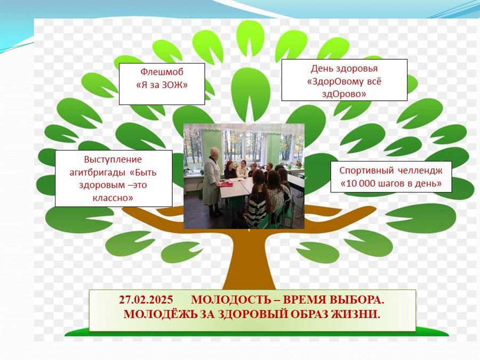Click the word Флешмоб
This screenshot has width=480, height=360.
tap(162, 72)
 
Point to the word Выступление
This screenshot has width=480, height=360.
tap(113, 160)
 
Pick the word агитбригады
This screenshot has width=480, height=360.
tap(98, 173)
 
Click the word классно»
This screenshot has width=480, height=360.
tap(113, 198)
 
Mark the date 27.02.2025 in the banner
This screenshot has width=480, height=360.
tap(146, 299)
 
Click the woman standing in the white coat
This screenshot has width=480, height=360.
tap(212, 181)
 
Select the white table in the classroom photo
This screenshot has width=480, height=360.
tap(236, 187)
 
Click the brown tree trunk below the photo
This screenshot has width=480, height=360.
tap(249, 260)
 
